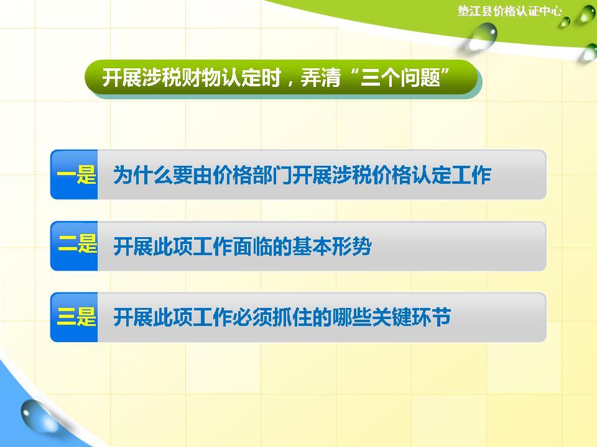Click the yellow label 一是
[76, 176]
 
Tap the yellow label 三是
[76, 318]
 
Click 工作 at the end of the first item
[472, 176]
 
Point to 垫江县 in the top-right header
[473, 11]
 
